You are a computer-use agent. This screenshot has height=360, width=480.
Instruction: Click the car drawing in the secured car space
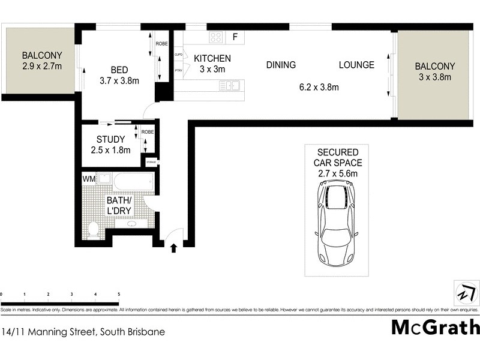point(337,223)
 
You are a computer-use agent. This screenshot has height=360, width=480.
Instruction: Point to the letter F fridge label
point(235,37)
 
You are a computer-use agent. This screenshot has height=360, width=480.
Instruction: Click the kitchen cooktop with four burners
point(215,37)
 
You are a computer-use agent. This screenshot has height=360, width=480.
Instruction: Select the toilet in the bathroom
point(93,229)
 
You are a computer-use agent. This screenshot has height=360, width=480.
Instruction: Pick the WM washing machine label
point(89,178)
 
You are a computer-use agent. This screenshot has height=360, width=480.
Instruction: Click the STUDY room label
point(110,140)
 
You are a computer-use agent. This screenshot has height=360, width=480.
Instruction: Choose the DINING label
point(281,65)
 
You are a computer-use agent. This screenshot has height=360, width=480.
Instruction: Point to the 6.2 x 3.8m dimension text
point(319,87)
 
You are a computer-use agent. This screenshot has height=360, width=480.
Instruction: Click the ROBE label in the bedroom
point(161,44)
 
